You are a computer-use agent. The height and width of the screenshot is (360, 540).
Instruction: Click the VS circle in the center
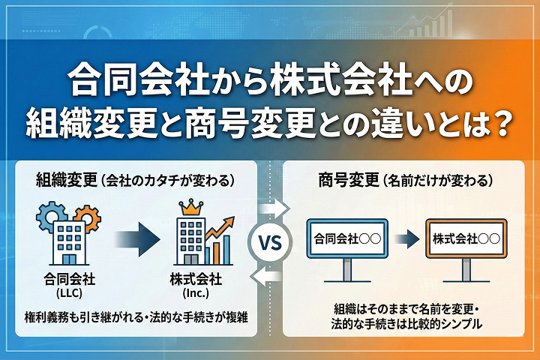[270, 242]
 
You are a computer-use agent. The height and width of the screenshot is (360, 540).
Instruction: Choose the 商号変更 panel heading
[349, 180]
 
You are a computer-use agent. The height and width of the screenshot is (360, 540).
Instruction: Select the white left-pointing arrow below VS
[269, 279]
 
